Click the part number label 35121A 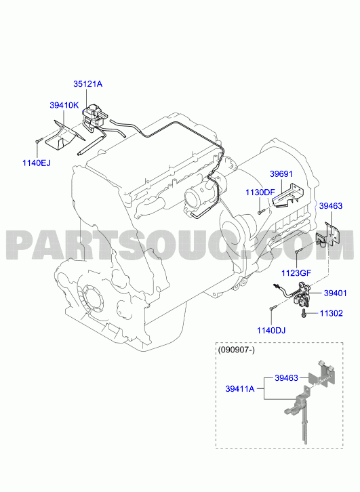click(88, 84)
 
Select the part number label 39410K click(64, 105)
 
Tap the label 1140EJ click(37, 163)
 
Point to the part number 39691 click(281, 174)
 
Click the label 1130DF click(260, 192)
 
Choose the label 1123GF click(296, 273)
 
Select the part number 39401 click(336, 293)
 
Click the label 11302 click(332, 313)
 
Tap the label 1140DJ click(271, 331)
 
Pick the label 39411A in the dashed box click(240, 389)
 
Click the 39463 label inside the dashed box click(286, 377)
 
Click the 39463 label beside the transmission click(331, 206)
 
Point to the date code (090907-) click(237, 350)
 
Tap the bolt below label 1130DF click(261, 212)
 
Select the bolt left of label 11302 click(304, 314)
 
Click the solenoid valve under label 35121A click(93, 117)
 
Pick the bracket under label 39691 click(288, 196)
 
